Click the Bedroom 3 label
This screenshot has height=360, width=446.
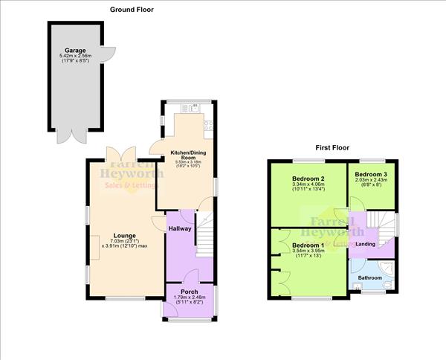click(x=372, y=173)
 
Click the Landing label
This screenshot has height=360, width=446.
click(x=365, y=243)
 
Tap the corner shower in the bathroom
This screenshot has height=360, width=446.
click(x=387, y=268)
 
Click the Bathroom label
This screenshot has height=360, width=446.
click(x=369, y=277)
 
